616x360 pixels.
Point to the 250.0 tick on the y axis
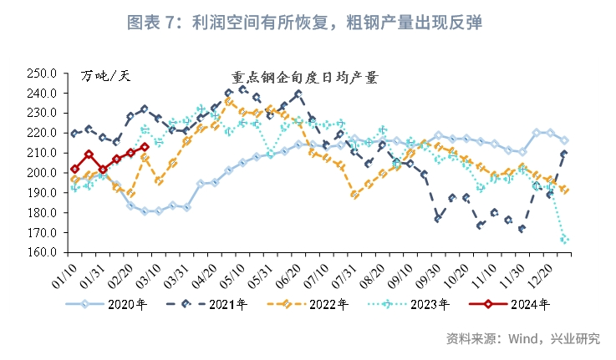tap(42, 73)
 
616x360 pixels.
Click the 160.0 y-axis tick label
tap(42, 253)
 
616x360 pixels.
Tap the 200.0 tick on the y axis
tap(42, 173)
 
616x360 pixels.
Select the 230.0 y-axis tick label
tap(42, 113)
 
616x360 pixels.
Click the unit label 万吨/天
tap(106, 78)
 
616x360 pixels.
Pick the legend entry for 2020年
tap(109, 305)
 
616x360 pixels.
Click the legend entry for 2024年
tap(519, 305)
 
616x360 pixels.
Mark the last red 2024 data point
tap(145, 147)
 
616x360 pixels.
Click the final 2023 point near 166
tap(565, 240)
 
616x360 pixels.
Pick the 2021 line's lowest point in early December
tap(522, 228)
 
